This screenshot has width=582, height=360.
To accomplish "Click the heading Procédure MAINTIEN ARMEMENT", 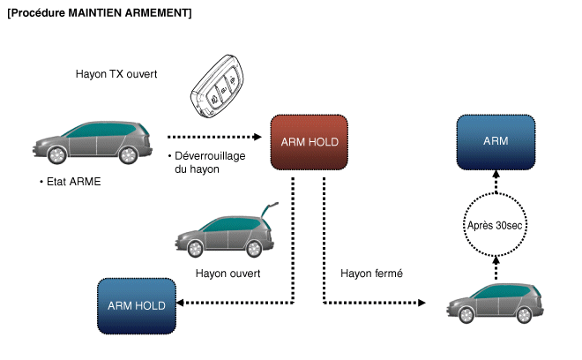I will pos(99,13).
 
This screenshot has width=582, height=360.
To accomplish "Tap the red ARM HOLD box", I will pos(310,141).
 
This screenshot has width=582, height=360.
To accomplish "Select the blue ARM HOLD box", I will pos(137,306).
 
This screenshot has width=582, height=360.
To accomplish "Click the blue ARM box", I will pos(496,141).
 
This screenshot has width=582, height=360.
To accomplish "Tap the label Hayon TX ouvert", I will pos(116,74).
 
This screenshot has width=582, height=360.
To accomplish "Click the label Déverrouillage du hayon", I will pos(210,162).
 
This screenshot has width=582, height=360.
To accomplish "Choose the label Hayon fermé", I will pos(371,274).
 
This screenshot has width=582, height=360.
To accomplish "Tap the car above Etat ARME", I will pos(89,142).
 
